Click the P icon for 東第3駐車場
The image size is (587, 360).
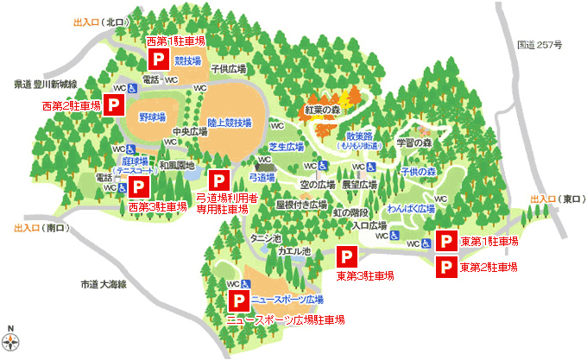346,257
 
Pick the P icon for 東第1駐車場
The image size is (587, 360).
446,241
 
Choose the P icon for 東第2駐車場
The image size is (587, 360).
446,267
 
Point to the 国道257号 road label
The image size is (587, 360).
540,43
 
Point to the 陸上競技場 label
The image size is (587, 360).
230,123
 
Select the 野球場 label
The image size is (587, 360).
152,115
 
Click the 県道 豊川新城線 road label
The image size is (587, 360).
46,84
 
